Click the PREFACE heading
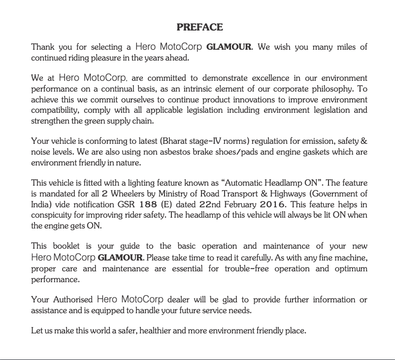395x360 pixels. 199,27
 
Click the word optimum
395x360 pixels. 351,269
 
